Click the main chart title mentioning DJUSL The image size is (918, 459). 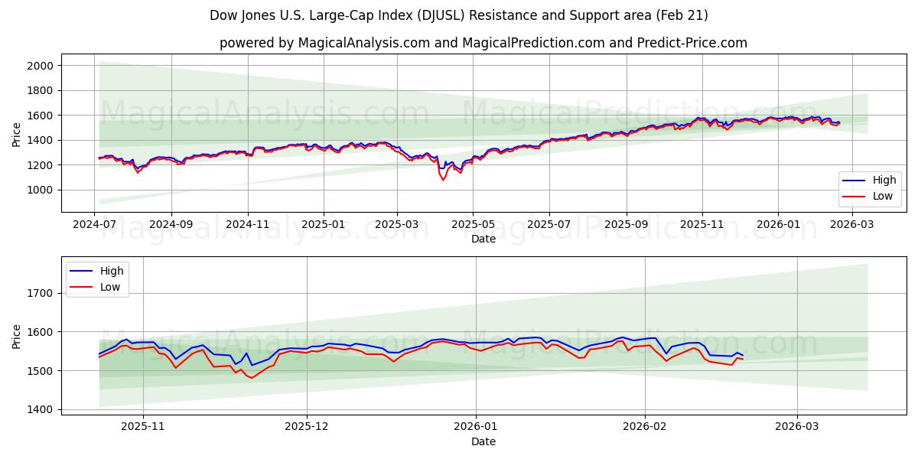[459, 15]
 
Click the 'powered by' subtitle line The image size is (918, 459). [483, 43]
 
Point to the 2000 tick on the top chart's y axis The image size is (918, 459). [40, 66]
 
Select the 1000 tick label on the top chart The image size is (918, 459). [40, 190]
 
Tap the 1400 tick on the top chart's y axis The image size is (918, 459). [40, 140]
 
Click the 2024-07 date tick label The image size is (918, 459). [95, 225]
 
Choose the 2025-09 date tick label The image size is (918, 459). [626, 225]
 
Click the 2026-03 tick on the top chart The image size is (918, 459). [851, 225]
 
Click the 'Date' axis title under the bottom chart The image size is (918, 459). [483, 441]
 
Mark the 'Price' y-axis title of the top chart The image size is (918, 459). [17, 134]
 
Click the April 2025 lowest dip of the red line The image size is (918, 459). [443, 180]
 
